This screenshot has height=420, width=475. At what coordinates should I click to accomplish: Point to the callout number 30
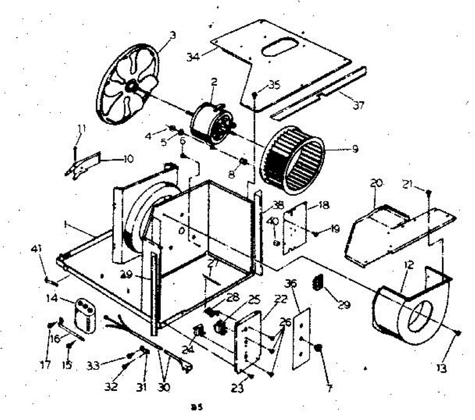coord(163,388)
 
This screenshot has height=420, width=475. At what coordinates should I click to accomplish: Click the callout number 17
coord(46,364)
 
